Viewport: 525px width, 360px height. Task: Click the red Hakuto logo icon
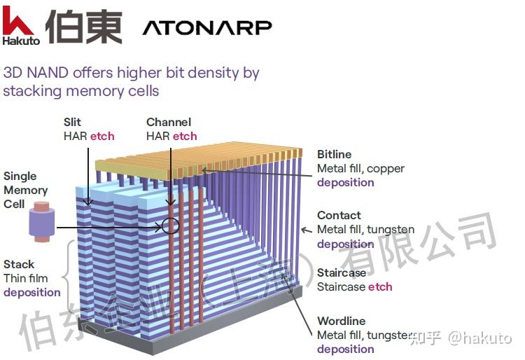pos(19,20)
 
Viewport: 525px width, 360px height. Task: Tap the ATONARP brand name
pos(207,27)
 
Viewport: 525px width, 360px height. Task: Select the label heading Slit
pos(72,122)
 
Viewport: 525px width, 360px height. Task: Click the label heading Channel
pos(169,122)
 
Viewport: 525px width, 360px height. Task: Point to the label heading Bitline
pos(335,154)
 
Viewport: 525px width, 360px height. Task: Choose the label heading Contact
pos(339,215)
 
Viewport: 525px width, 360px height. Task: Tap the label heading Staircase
pos(342,272)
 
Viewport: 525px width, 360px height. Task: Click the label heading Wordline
pos(340,321)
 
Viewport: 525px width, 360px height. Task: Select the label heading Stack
pos(19,264)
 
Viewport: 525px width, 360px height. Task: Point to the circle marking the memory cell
pos(169,226)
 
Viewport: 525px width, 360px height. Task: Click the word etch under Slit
pos(101,136)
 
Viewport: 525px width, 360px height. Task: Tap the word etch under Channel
pos(185,136)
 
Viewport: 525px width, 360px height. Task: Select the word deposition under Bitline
pos(346,182)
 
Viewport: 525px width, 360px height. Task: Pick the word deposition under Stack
pos(31,292)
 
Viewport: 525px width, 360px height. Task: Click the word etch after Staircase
pos(380,286)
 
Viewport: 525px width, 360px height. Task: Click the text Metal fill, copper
pos(360,168)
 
